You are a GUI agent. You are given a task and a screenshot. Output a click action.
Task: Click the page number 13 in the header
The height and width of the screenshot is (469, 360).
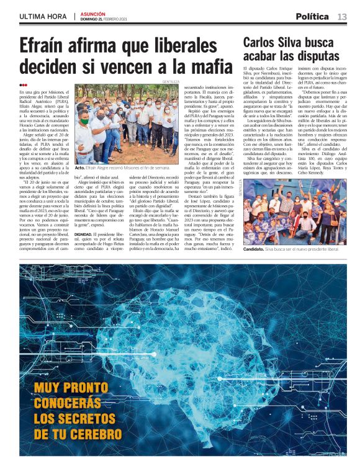342,16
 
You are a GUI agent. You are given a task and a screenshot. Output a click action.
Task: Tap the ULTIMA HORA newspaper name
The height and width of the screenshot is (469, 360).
43,16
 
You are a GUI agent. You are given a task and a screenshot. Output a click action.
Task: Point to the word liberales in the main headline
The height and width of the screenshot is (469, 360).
182,47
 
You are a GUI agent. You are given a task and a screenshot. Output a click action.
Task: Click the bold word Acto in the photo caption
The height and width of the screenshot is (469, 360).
79,167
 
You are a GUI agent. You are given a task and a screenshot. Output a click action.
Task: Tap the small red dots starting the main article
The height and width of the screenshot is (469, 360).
23,86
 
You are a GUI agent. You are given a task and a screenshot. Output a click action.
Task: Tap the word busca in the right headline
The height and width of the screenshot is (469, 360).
332,42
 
